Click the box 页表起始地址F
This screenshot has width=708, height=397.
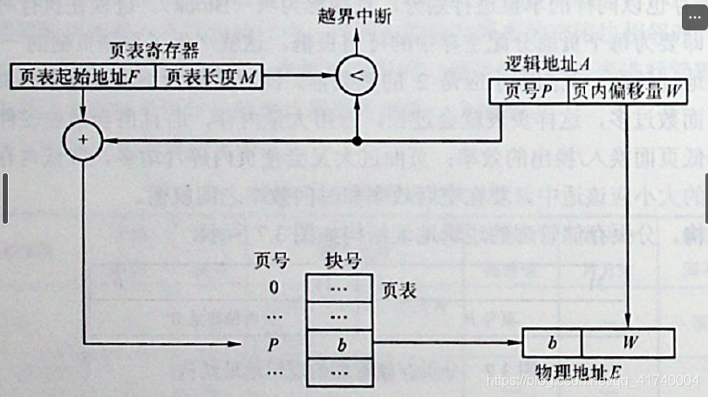click(84, 77)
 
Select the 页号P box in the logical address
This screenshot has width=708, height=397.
click(528, 91)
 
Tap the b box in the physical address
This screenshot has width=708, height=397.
click(552, 343)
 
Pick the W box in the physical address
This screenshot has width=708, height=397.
click(630, 343)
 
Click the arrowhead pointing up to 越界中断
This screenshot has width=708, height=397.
click(356, 34)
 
